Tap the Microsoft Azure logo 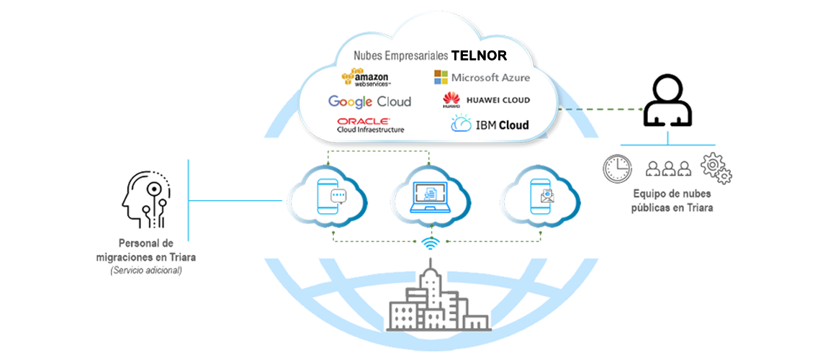click(482, 77)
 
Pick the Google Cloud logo click(369, 102)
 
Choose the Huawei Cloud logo click(486, 101)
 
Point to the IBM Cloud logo click(490, 124)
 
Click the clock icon click(617, 168)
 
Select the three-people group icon click(668, 168)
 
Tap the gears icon click(716, 168)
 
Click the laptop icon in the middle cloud click(430, 197)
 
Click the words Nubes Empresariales click(400, 55)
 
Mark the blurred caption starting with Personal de click(146, 256)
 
